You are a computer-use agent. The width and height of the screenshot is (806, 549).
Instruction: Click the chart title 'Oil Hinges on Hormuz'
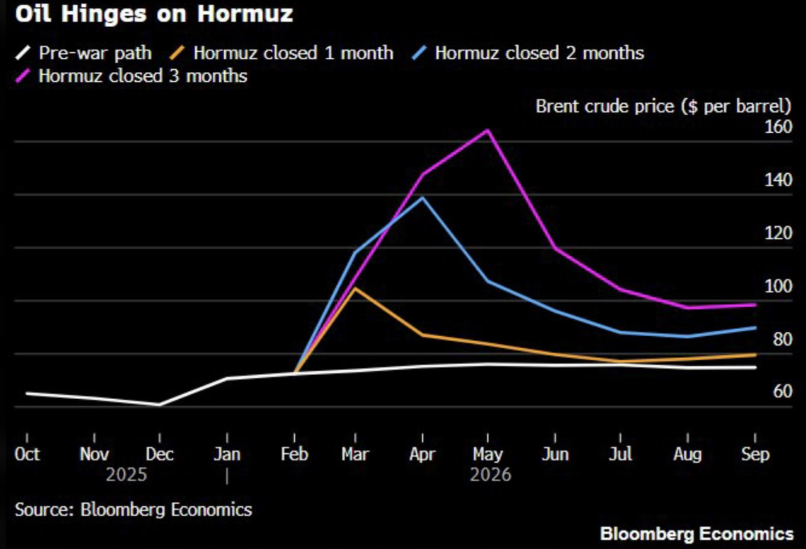pos(154,14)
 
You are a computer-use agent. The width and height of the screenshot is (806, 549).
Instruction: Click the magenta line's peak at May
pos(488,130)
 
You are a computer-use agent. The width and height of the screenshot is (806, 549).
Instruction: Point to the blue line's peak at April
pos(423,198)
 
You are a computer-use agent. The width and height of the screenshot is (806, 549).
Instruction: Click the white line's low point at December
pos(160,405)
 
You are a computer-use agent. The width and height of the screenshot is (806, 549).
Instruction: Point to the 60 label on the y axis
pos(781,392)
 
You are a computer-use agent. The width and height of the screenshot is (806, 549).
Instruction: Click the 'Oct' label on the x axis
pos(27,454)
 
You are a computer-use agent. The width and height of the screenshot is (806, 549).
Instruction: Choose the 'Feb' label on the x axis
pos(294,454)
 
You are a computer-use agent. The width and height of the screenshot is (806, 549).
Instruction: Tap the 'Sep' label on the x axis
pos(755,454)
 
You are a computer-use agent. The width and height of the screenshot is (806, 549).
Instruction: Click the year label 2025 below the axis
pos(126,474)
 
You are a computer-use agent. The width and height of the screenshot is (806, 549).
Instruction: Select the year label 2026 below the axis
pos(491,474)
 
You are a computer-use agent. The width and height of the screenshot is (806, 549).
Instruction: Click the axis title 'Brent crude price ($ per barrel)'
pos(663,106)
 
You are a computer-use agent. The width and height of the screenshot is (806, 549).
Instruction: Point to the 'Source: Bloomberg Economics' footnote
pos(133,509)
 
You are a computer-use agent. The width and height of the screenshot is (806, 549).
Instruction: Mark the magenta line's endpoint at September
pos(755,305)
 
